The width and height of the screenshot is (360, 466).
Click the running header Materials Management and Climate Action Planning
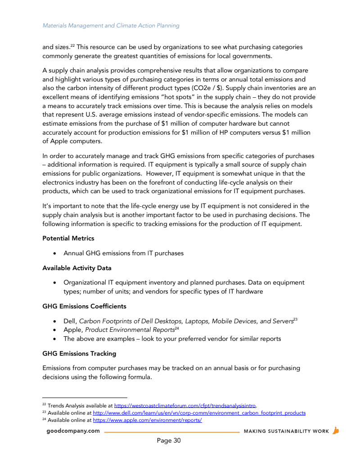click(x=111, y=26)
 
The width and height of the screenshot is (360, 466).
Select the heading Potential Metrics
click(x=68, y=238)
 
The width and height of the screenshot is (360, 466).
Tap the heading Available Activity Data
click(x=76, y=268)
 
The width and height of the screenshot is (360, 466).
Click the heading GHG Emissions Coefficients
click(x=84, y=306)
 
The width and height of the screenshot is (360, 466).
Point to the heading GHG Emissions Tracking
click(x=79, y=353)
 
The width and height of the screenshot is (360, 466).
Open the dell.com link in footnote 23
click(x=199, y=413)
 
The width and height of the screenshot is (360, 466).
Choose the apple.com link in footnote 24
click(x=147, y=421)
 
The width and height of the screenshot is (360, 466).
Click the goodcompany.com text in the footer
click(x=73, y=431)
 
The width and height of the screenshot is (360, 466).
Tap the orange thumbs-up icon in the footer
click(x=335, y=431)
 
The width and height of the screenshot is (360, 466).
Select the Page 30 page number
click(x=169, y=441)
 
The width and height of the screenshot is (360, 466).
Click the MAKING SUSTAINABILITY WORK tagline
click(x=286, y=431)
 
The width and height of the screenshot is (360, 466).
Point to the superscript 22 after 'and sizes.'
click(x=72, y=45)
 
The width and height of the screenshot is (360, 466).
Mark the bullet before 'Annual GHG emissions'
click(x=54, y=253)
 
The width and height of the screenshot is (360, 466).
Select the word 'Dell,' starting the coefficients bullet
click(x=70, y=321)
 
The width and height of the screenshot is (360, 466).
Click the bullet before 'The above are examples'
click(x=54, y=339)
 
